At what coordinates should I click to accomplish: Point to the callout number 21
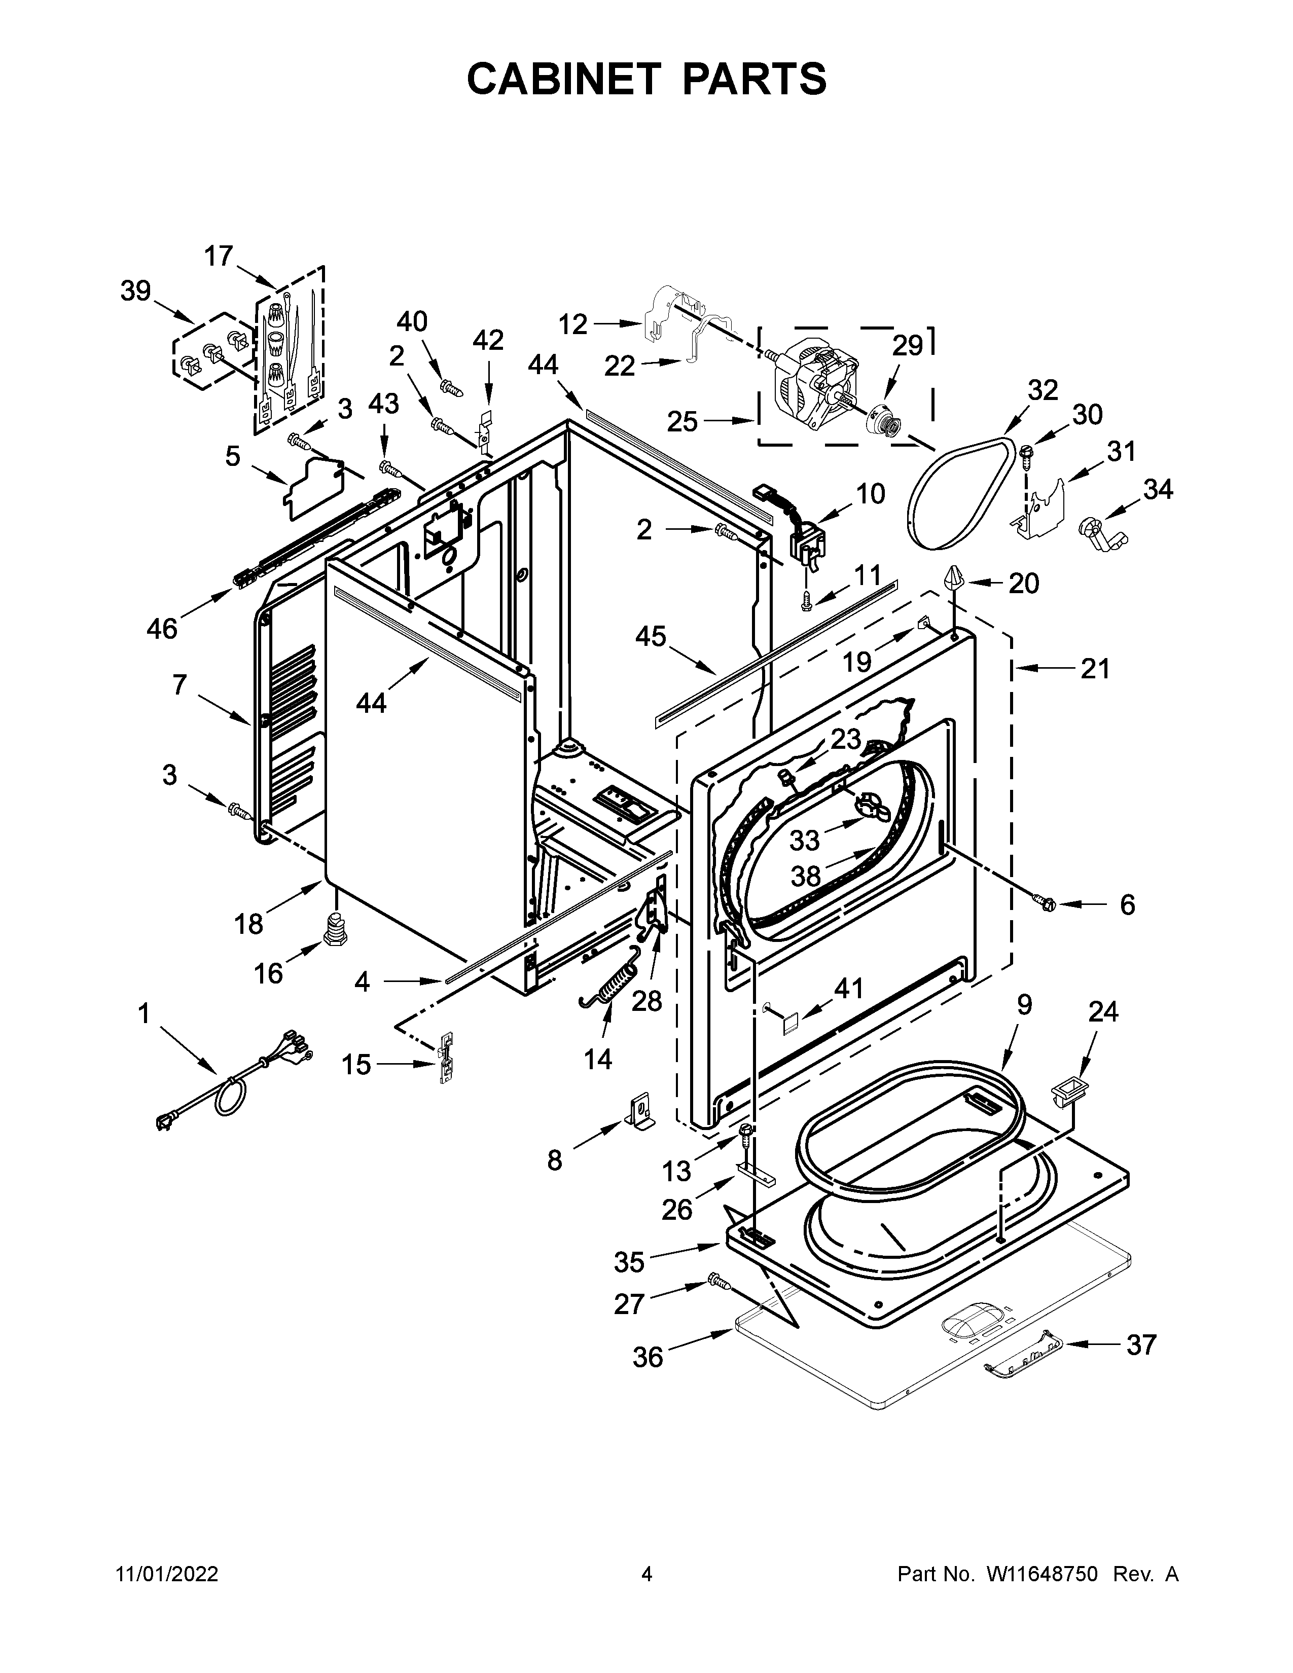[1095, 670]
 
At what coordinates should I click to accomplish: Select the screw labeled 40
[452, 388]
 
